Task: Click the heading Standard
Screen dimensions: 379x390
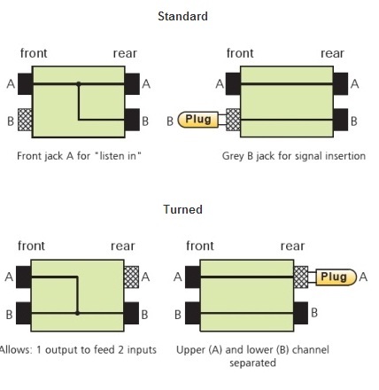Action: tap(182, 16)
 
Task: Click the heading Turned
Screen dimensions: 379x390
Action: tap(183, 209)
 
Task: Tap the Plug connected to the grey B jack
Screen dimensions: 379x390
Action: tap(198, 120)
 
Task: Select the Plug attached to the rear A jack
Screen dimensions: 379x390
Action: tap(336, 277)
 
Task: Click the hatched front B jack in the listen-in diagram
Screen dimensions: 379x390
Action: tap(25, 120)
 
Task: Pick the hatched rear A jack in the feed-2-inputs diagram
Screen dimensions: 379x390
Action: tap(131, 277)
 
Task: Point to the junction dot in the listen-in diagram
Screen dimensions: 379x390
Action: tap(79, 84)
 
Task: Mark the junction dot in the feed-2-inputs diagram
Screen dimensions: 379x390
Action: tap(77, 313)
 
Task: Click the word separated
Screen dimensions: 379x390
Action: tap(252, 363)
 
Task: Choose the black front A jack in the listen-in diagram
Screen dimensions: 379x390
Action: tap(25, 84)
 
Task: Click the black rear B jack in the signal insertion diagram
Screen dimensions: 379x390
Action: tap(341, 120)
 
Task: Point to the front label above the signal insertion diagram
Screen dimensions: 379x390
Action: tap(240, 53)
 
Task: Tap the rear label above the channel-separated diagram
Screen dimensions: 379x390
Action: tap(292, 246)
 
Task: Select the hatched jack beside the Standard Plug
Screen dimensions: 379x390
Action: tap(233, 120)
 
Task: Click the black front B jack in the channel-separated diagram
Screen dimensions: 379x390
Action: tap(193, 313)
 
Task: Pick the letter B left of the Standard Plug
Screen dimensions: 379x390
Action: tap(170, 121)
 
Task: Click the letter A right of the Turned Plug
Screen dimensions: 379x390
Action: tap(363, 277)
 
